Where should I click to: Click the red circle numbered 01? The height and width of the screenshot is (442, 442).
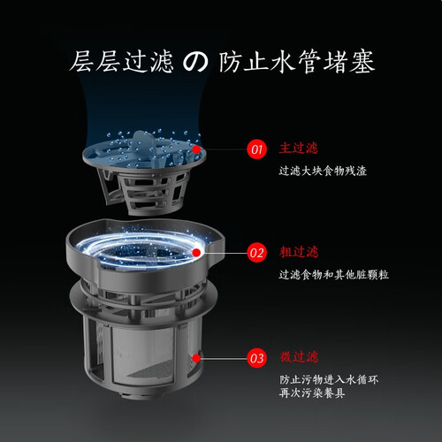point(256,149)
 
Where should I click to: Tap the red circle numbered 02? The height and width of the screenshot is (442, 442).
point(256,253)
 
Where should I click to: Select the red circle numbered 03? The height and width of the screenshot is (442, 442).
point(256,358)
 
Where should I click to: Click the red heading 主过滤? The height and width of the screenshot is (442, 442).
point(299,149)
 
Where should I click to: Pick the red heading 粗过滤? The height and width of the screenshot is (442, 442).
point(299,252)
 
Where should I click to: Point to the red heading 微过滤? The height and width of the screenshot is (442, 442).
point(299,357)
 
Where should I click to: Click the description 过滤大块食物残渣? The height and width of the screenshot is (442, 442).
point(323,171)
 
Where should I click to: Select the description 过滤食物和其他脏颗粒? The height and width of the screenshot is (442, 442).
point(334,275)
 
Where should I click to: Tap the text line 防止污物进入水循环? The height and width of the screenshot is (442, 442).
point(329,379)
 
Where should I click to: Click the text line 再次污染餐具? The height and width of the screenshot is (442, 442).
point(312,393)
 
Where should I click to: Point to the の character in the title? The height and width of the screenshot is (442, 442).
point(195,62)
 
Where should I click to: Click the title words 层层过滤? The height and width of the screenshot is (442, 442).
point(121,62)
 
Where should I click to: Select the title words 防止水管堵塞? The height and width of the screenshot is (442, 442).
point(297,62)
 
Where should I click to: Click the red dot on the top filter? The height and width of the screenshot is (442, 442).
point(196,149)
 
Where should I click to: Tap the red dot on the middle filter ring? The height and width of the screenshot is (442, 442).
point(196,253)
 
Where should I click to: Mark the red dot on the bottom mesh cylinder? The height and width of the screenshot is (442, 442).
point(196,358)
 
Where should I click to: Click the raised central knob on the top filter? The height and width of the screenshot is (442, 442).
point(144,141)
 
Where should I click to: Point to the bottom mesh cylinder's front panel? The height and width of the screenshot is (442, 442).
point(142,354)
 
